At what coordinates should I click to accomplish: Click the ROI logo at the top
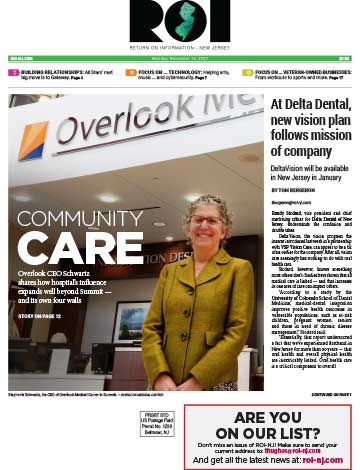(x=180, y=21)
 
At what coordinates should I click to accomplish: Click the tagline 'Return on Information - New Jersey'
(x=180, y=47)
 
